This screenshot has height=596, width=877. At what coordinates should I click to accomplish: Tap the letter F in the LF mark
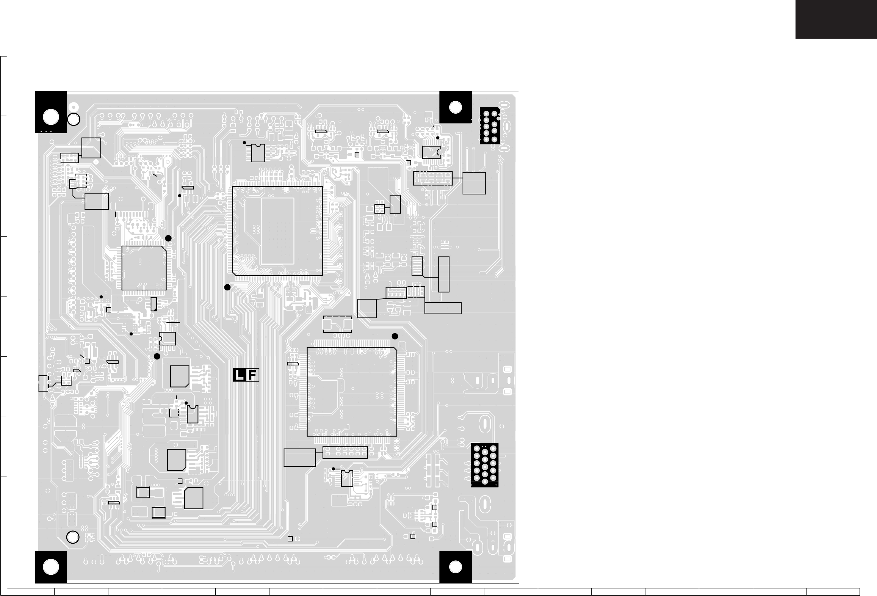click(x=253, y=375)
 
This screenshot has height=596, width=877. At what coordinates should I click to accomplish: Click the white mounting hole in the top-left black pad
click(x=51, y=117)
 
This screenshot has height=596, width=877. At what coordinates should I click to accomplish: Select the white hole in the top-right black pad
click(x=455, y=107)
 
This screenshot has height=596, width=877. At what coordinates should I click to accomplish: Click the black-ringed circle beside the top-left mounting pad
click(x=74, y=119)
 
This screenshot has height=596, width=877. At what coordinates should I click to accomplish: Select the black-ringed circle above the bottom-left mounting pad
click(x=73, y=537)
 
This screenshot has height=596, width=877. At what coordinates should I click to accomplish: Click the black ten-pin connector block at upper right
click(x=490, y=125)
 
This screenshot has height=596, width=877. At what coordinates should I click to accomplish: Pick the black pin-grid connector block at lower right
click(x=485, y=465)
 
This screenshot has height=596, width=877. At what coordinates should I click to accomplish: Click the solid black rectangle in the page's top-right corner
click(x=836, y=19)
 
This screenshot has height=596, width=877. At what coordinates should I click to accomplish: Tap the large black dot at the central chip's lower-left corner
click(x=227, y=287)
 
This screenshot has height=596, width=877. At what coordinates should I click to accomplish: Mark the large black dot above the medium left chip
click(x=169, y=238)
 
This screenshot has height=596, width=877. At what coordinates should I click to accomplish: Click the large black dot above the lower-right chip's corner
click(x=395, y=336)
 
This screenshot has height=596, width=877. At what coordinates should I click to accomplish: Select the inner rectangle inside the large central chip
click(x=277, y=231)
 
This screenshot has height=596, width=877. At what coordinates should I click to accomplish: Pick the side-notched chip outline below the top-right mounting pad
click(x=431, y=152)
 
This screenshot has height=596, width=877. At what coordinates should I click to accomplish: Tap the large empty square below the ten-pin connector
click(x=474, y=184)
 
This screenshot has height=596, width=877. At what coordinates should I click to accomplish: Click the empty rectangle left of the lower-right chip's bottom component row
click(x=299, y=458)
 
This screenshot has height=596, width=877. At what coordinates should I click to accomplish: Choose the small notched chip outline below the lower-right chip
click(x=347, y=478)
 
